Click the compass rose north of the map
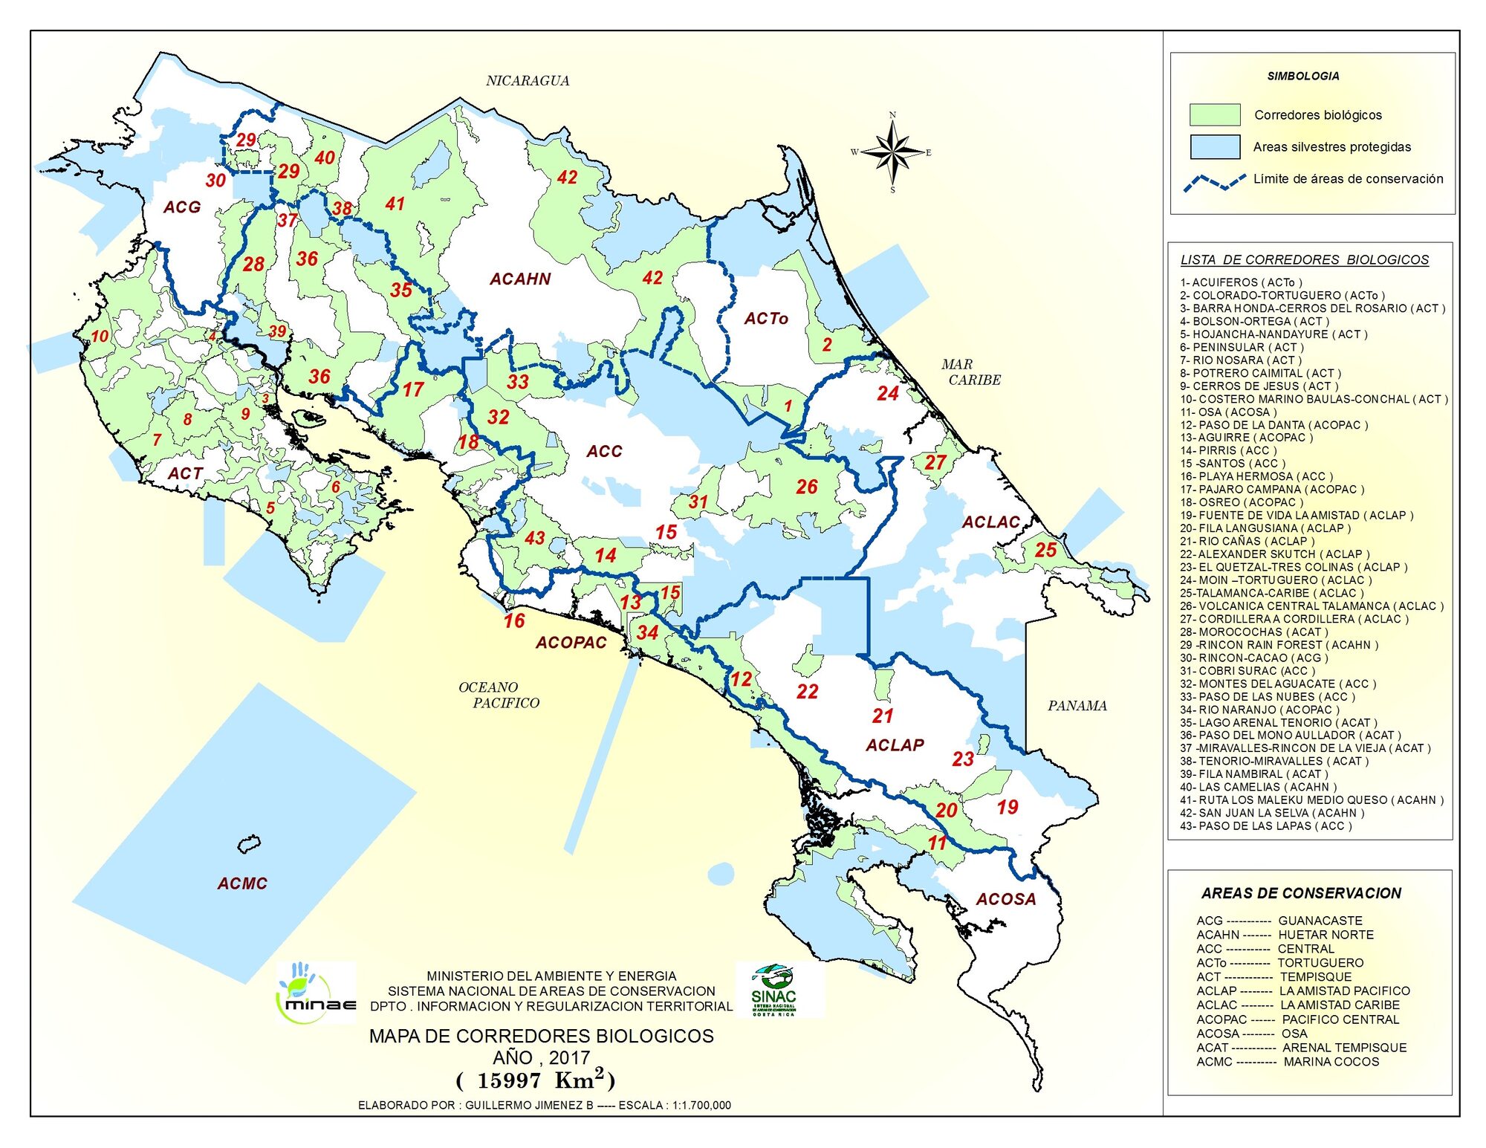(x=893, y=152)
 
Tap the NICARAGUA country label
(x=528, y=80)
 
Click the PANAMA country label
(x=1077, y=705)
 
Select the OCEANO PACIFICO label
(x=498, y=695)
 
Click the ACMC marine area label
(x=242, y=883)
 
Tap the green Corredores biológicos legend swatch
(x=1214, y=114)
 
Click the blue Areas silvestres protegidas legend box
(x=1214, y=146)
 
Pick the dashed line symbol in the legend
(x=1214, y=181)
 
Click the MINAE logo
(x=315, y=993)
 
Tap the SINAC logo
(x=774, y=990)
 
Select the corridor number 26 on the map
(x=806, y=487)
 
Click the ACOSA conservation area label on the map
(x=1005, y=899)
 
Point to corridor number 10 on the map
(x=100, y=336)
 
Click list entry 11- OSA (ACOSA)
(x=1227, y=412)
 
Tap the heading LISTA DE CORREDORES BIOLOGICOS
(x=1304, y=260)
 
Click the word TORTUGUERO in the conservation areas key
(x=1320, y=962)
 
